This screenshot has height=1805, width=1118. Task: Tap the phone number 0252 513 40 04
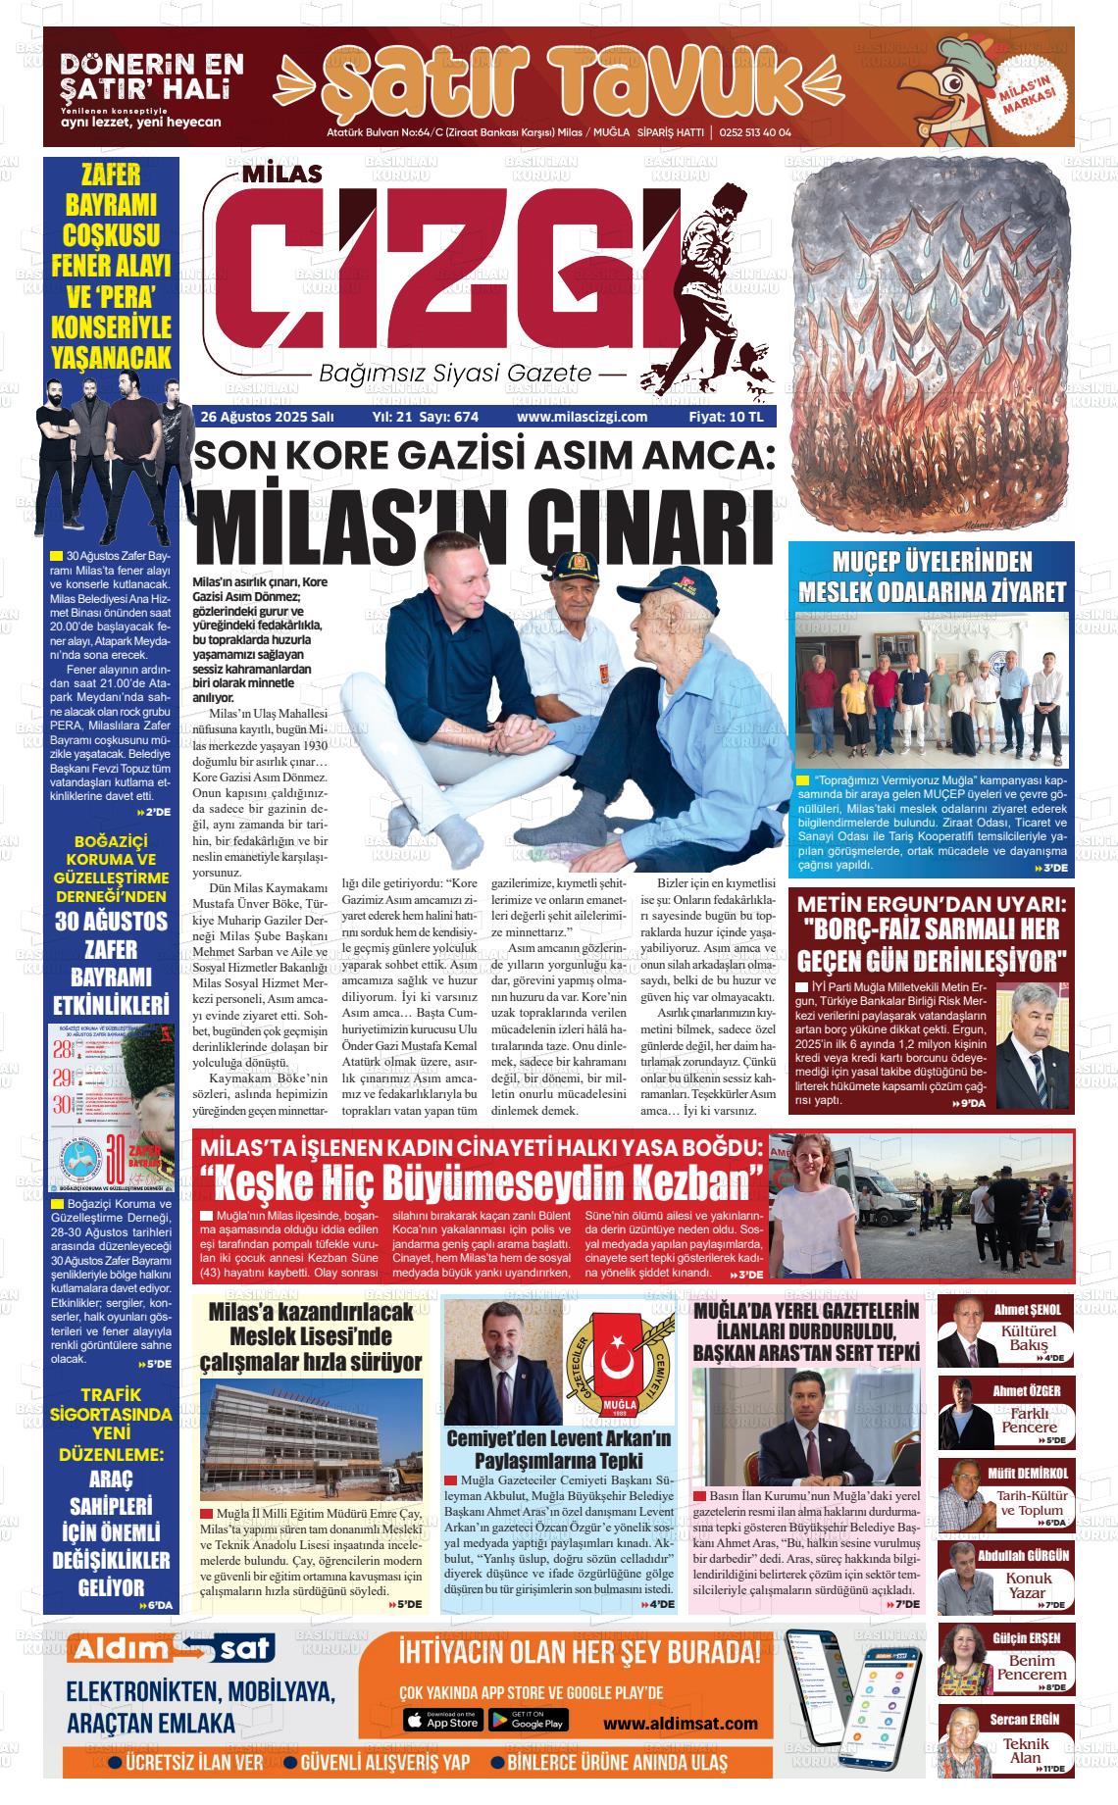click(x=755, y=133)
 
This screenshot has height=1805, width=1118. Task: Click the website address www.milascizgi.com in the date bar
click(x=582, y=417)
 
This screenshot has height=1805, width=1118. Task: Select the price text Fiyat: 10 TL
click(x=726, y=417)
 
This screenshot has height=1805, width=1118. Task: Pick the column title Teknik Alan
click(x=1026, y=1751)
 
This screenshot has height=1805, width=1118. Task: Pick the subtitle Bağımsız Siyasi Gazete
click(x=456, y=374)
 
